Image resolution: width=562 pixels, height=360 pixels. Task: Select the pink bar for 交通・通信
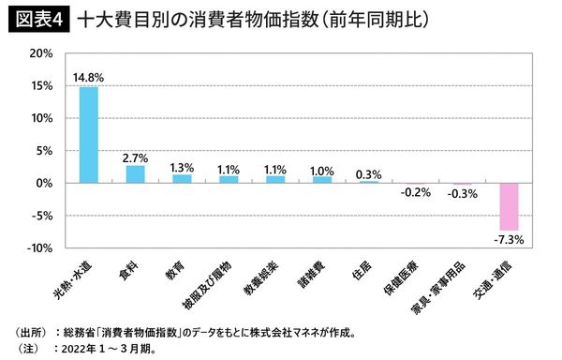click(509, 206)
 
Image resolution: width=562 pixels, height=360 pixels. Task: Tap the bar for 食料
click(136, 174)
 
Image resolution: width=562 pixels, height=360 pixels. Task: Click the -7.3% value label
click(509, 240)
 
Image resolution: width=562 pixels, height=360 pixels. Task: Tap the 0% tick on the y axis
click(43, 184)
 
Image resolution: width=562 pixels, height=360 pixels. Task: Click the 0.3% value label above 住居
click(368, 172)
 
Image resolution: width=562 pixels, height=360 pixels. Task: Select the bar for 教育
click(182, 178)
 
